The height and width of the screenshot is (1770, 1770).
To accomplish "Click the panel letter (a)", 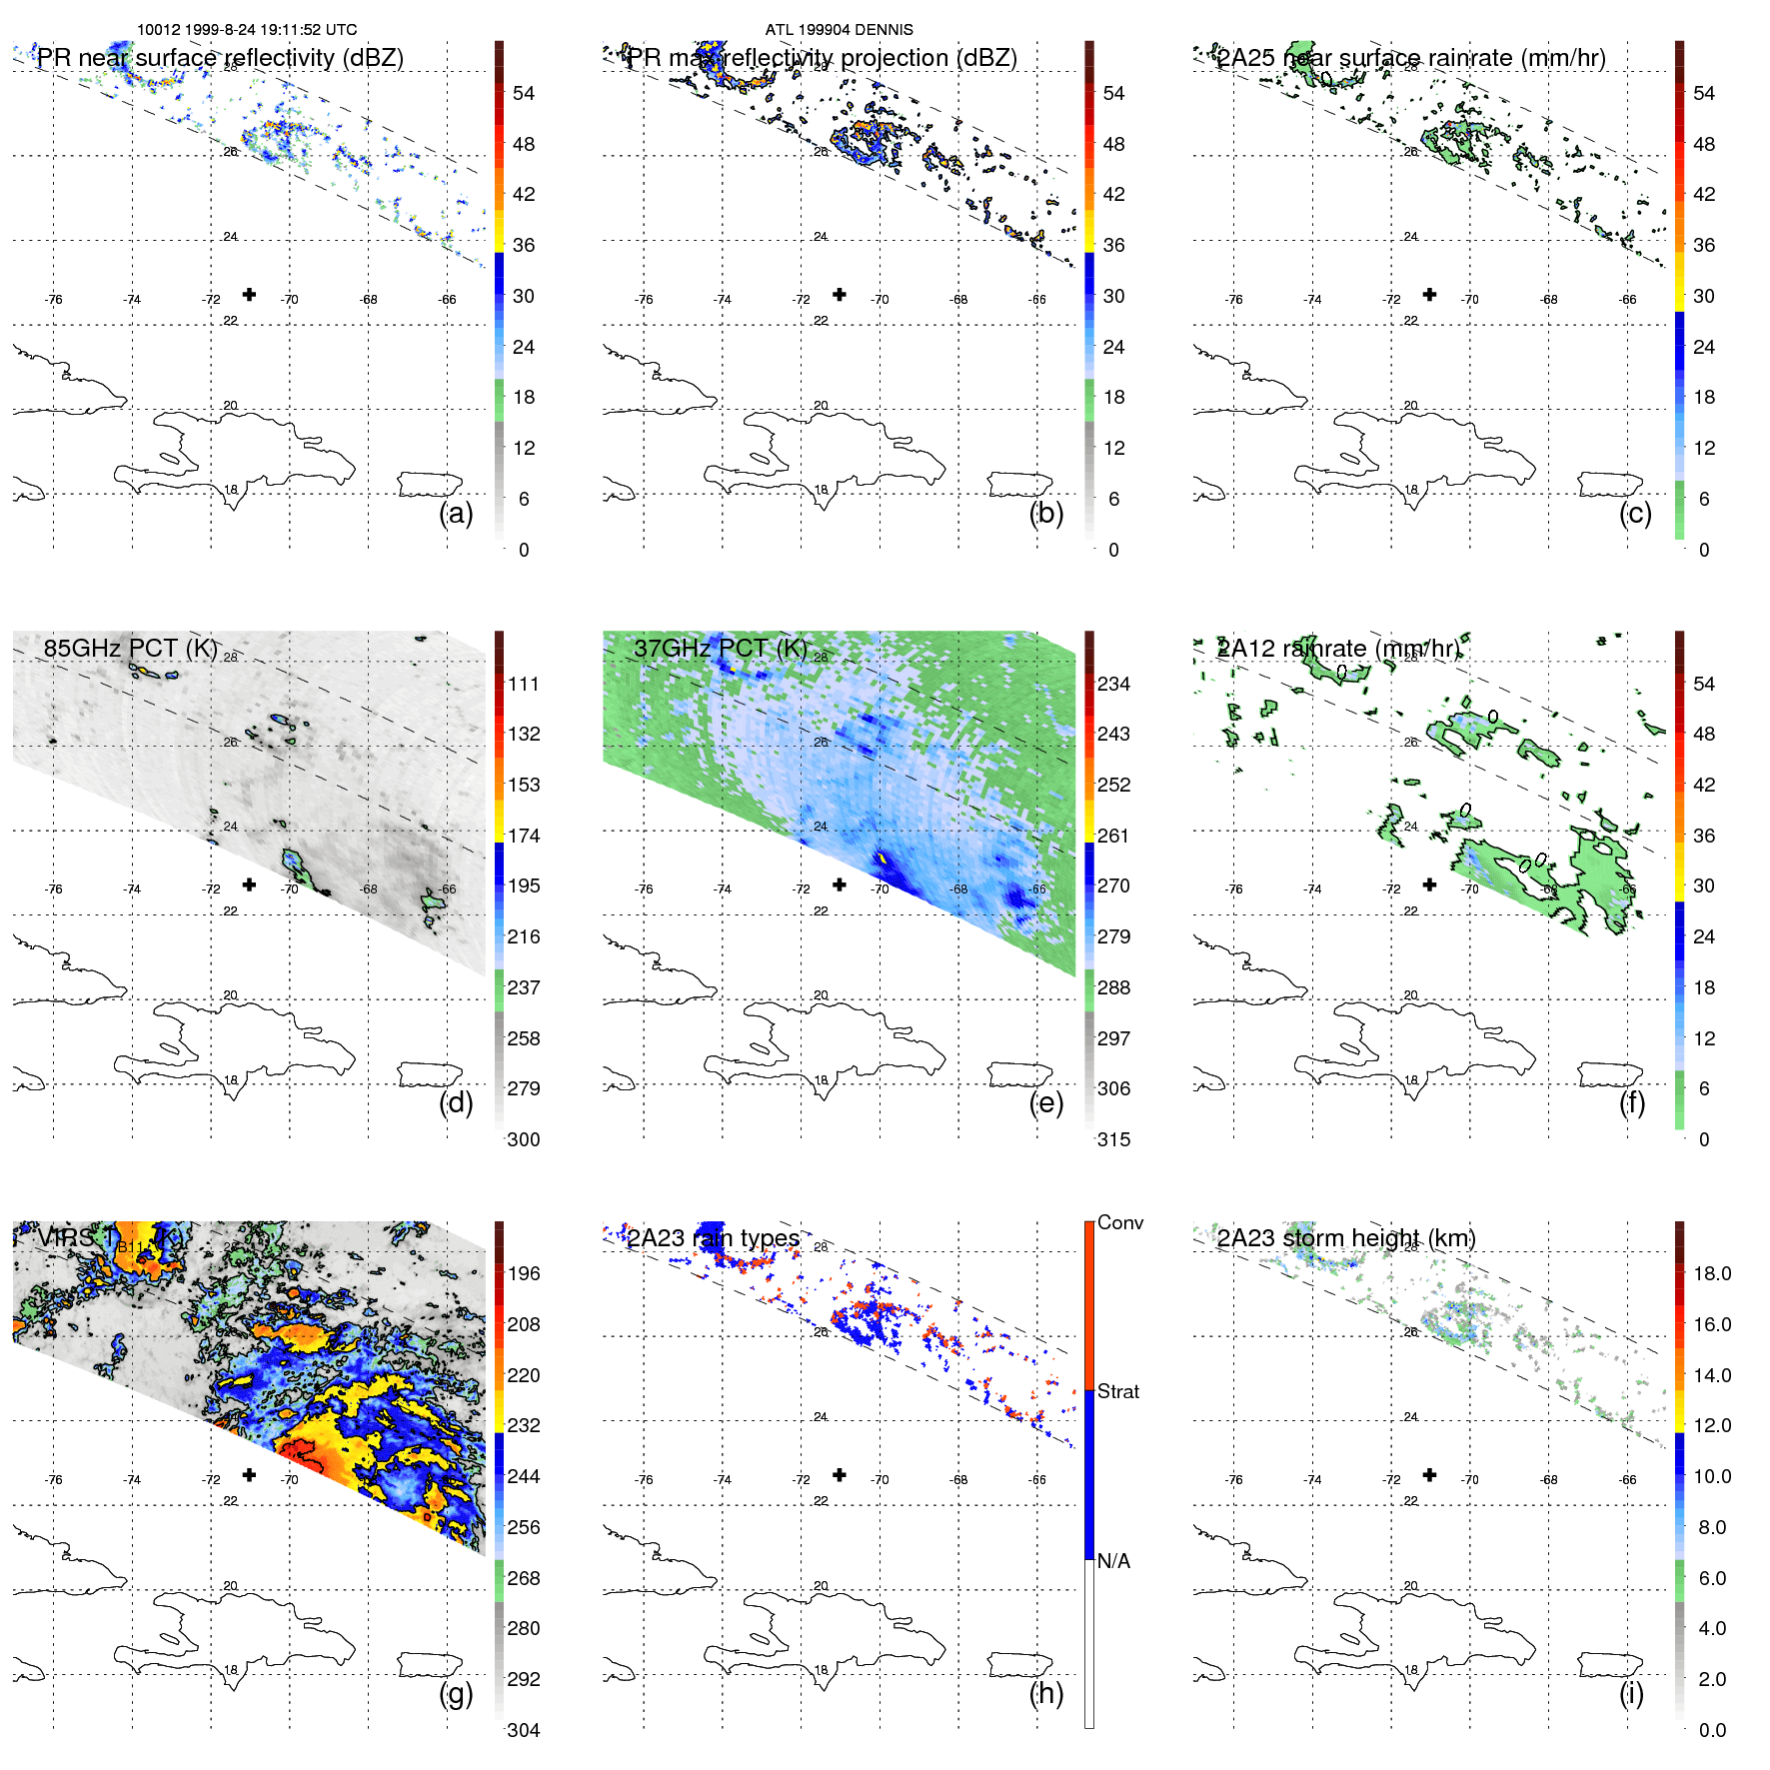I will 456,514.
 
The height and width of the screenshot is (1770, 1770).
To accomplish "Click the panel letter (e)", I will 1046,1103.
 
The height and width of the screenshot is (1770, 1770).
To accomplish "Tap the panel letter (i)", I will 1631,1693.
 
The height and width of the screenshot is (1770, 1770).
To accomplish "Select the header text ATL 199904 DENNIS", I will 839,30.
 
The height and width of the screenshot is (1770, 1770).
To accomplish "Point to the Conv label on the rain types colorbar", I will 1119,1222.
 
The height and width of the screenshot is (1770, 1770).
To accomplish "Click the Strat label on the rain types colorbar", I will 1117,1391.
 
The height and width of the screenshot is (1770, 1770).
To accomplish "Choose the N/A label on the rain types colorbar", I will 1113,1561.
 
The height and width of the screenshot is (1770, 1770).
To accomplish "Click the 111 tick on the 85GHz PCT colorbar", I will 524,684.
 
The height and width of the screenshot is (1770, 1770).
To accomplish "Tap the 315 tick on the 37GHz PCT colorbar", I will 1113,1139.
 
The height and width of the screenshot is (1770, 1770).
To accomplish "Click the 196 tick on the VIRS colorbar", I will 524,1273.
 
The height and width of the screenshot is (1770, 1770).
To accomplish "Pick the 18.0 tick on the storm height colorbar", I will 1711,1273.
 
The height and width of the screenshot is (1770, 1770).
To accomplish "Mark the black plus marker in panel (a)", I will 249,294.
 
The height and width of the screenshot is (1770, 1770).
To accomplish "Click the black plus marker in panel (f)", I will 1429,885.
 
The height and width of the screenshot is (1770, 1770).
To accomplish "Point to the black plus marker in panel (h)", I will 840,1474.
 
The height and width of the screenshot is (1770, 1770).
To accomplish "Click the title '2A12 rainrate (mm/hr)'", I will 1337,649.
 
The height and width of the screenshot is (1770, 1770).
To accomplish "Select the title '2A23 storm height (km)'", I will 1345,1238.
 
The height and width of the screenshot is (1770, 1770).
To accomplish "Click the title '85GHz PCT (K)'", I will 130,649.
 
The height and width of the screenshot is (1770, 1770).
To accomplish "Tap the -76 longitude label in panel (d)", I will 54,889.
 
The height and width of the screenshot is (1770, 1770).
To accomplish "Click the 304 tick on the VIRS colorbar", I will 524,1730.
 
